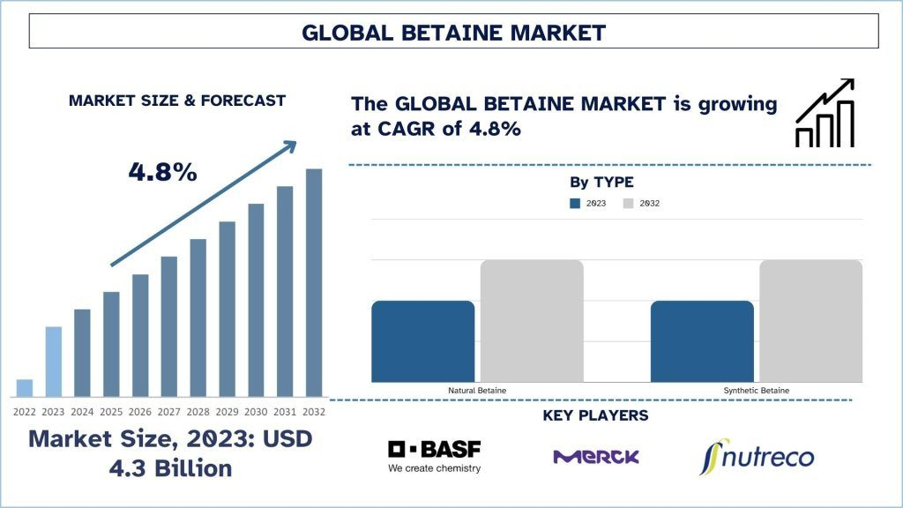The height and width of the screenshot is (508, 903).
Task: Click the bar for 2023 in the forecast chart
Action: pyautogui.click(x=54, y=362)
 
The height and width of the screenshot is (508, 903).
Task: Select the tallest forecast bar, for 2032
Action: pyautogui.click(x=314, y=283)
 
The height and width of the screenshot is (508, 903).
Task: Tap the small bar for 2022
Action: pyautogui.click(x=25, y=388)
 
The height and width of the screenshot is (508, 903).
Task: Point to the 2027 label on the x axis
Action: pyautogui.click(x=168, y=412)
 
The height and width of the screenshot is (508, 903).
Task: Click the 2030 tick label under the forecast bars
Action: pyautogui.click(x=256, y=412)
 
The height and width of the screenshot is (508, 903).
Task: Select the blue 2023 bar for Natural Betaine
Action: pyautogui.click(x=423, y=341)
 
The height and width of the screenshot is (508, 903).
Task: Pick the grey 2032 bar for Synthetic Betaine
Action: pyautogui.click(x=811, y=321)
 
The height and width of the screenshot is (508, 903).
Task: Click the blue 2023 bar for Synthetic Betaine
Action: pyautogui.click(x=702, y=341)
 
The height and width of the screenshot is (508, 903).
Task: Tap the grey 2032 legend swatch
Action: pyautogui.click(x=628, y=204)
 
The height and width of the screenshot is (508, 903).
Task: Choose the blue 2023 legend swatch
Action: pyautogui.click(x=575, y=204)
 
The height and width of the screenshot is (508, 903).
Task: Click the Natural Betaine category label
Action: pyautogui.click(x=477, y=391)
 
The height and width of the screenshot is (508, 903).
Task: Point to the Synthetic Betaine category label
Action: pyautogui.click(x=756, y=391)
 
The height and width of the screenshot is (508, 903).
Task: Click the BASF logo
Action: pyautogui.click(x=434, y=457)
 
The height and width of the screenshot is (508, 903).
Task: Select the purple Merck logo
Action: pyautogui.click(x=596, y=457)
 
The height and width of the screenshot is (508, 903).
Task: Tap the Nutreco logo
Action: pyautogui.click(x=757, y=457)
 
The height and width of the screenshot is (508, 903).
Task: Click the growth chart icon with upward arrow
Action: pyautogui.click(x=825, y=113)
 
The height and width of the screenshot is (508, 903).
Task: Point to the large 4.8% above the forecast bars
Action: pyautogui.click(x=162, y=172)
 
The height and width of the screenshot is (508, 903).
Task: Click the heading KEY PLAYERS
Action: pyautogui.click(x=595, y=415)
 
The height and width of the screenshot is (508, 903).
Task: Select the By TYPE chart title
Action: pyautogui.click(x=601, y=182)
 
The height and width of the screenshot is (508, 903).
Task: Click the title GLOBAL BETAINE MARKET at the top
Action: pyautogui.click(x=454, y=33)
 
